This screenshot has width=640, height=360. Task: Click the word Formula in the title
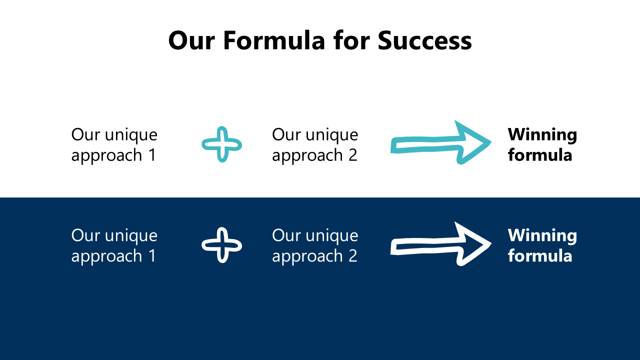click(274, 40)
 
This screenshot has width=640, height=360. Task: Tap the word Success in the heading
click(424, 40)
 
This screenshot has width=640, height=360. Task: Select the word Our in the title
click(191, 40)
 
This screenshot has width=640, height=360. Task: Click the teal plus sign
click(221, 144)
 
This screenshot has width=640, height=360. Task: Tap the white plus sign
click(221, 245)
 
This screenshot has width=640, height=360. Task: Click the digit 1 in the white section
click(152, 155)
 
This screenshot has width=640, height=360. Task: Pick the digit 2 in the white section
click(353, 155)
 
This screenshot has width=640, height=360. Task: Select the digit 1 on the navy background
click(152, 255)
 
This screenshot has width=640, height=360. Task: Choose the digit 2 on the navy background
click(353, 255)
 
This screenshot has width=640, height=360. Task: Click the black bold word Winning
click(542, 135)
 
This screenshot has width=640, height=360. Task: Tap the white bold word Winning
click(542, 235)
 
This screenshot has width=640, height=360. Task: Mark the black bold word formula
click(540, 154)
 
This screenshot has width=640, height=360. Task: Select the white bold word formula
click(540, 255)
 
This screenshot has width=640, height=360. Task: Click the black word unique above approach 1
click(131, 135)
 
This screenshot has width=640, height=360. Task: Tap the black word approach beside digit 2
click(307, 156)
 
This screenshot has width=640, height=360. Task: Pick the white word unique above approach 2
click(332, 236)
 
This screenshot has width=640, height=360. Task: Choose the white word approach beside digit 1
click(106, 256)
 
